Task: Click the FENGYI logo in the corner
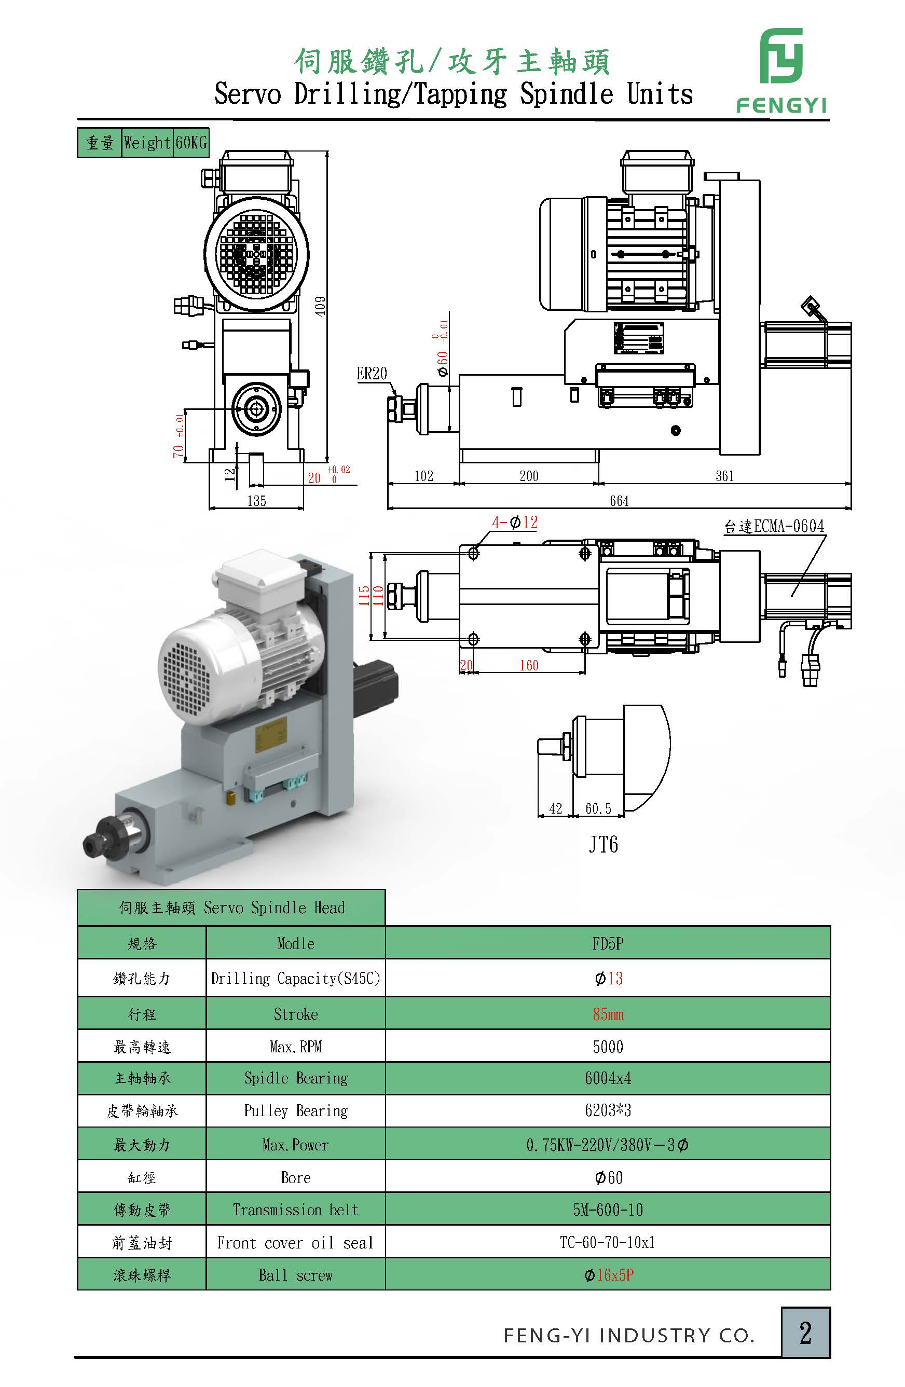781,70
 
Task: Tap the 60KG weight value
191,143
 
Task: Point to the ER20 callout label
371,374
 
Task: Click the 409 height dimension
321,306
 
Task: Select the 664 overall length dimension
619,501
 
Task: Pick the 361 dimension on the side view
724,476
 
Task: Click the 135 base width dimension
256,501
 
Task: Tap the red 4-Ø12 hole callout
515,522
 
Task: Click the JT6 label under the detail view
603,844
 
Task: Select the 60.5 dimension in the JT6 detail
598,809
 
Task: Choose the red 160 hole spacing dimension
529,666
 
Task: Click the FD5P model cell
608,943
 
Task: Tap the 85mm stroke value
608,1014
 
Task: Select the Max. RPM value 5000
608,1047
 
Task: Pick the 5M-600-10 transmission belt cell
608,1211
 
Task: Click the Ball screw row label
295,1275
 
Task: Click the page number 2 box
805,1333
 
